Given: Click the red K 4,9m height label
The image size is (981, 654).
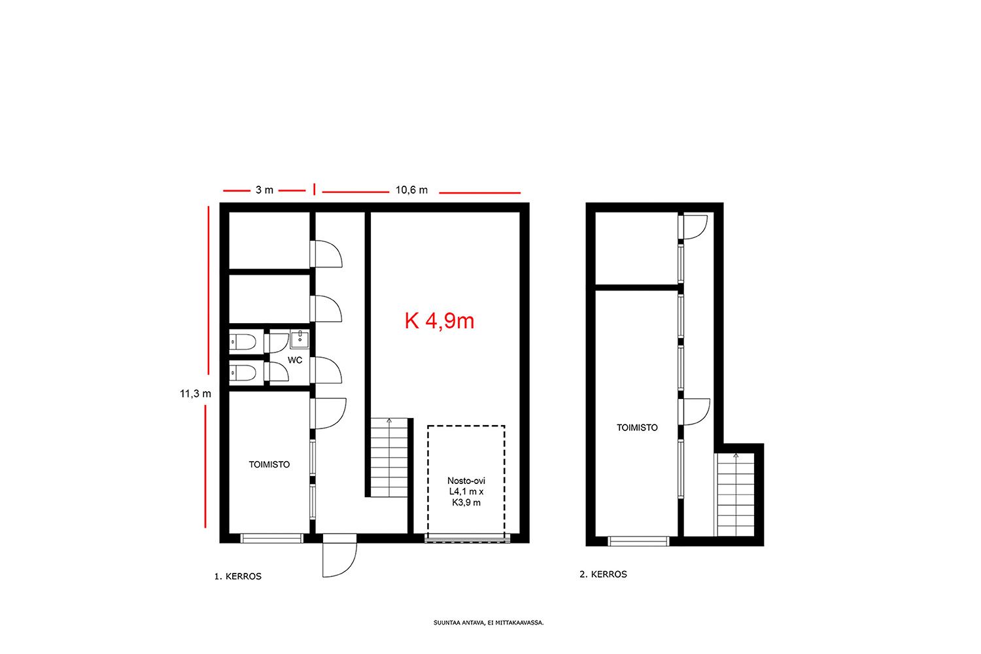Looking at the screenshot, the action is pyautogui.click(x=439, y=321).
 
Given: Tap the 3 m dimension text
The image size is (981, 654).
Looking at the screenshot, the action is pyautogui.click(x=264, y=190).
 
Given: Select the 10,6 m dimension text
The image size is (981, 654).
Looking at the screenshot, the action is pyautogui.click(x=411, y=190).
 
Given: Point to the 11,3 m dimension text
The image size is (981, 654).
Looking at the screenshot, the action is pyautogui.click(x=196, y=394).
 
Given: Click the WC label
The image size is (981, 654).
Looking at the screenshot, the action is pyautogui.click(x=295, y=360).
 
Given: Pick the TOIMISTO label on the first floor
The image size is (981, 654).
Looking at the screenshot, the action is pyautogui.click(x=269, y=464).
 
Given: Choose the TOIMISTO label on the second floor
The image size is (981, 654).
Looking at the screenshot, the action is pyautogui.click(x=637, y=428).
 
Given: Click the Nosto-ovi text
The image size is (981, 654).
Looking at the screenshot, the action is pyautogui.click(x=466, y=481).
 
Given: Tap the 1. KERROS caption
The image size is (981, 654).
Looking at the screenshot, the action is pyautogui.click(x=238, y=576).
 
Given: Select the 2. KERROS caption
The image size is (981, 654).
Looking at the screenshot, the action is pyautogui.click(x=603, y=574).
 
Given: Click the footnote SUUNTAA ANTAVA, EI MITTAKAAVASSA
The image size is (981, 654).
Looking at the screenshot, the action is pyautogui.click(x=489, y=623).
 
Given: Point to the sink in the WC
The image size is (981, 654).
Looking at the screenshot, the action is pyautogui.click(x=300, y=339).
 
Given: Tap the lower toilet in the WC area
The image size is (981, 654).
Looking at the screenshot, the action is pyautogui.click(x=243, y=373).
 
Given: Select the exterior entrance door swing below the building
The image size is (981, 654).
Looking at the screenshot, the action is pyautogui.click(x=340, y=560).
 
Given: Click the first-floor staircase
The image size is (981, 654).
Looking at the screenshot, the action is pyautogui.click(x=389, y=457).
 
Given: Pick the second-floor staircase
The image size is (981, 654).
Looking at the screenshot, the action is pyautogui.click(x=735, y=494).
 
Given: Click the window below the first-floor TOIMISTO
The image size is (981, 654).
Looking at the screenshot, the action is pyautogui.click(x=272, y=538).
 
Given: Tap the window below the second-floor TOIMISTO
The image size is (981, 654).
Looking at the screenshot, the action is pyautogui.click(x=639, y=542).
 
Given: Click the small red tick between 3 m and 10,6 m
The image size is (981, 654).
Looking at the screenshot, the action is pyautogui.click(x=314, y=189).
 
